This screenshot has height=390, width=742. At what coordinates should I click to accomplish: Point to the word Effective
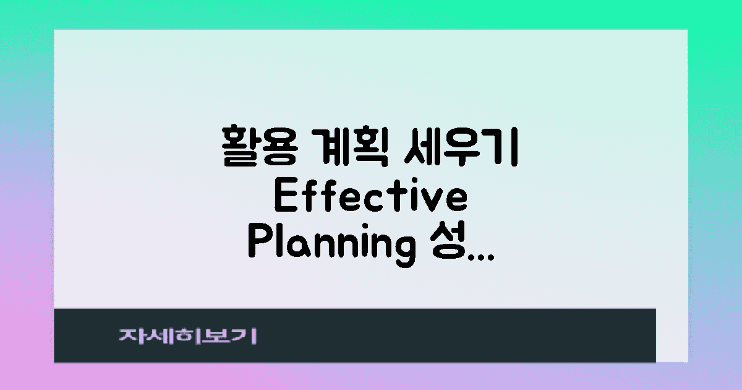click(x=370, y=199)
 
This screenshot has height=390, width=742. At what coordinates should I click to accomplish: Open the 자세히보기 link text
click(x=188, y=336)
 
